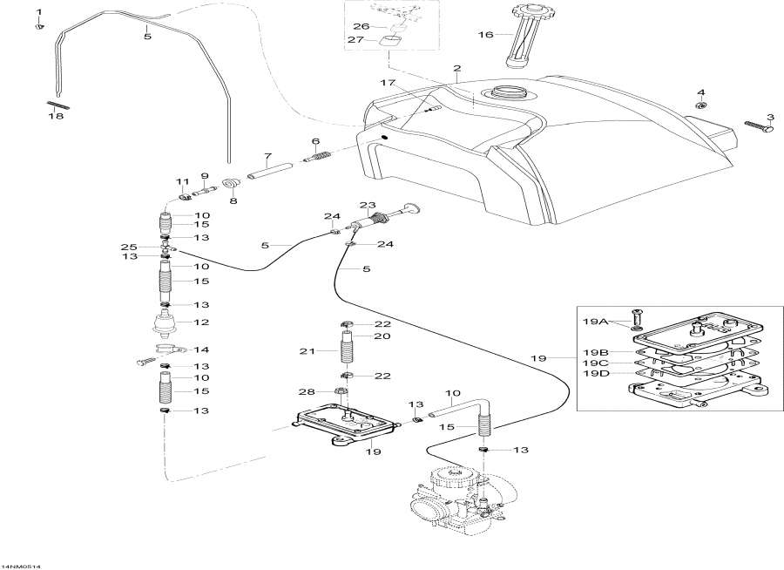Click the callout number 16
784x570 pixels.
[x=485, y=35]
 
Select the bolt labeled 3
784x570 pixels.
[x=759, y=127]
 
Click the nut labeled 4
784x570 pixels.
[x=700, y=105]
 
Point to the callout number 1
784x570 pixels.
[x=37, y=10]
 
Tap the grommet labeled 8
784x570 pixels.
[x=232, y=184]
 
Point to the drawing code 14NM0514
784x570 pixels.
[x=21, y=565]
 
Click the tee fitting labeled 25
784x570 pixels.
[x=167, y=248]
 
